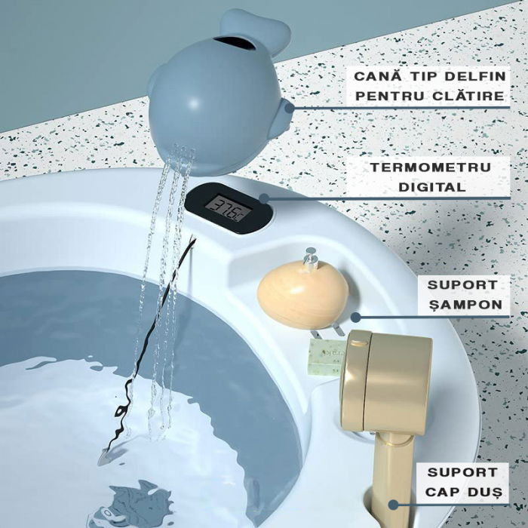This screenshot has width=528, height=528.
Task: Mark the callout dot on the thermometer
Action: click(x=263, y=199)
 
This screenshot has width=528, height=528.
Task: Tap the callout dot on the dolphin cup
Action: click(x=289, y=107)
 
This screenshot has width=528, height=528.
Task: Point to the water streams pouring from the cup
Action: click(x=162, y=287)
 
